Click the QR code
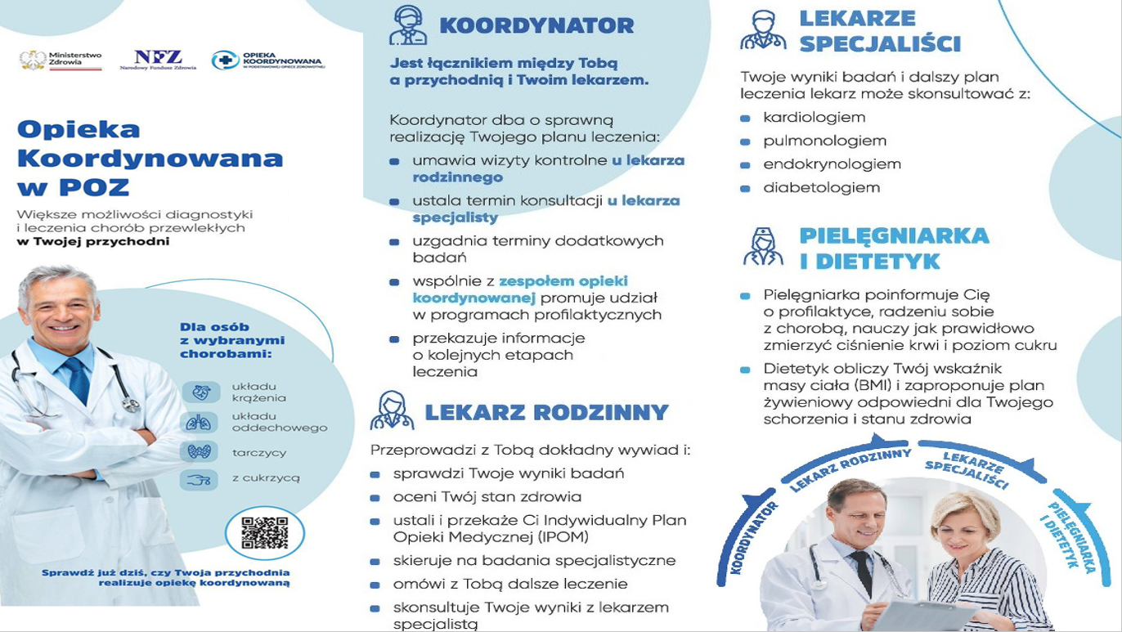[x=264, y=533]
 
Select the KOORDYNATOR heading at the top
[x=536, y=26]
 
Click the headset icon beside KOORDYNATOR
[x=407, y=25]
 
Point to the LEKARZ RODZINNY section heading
[x=546, y=412]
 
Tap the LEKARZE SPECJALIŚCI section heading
[x=880, y=31]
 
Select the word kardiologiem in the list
[x=814, y=118]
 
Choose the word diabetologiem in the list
[x=821, y=187]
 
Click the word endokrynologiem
[x=832, y=164]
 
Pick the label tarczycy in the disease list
[x=258, y=452]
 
